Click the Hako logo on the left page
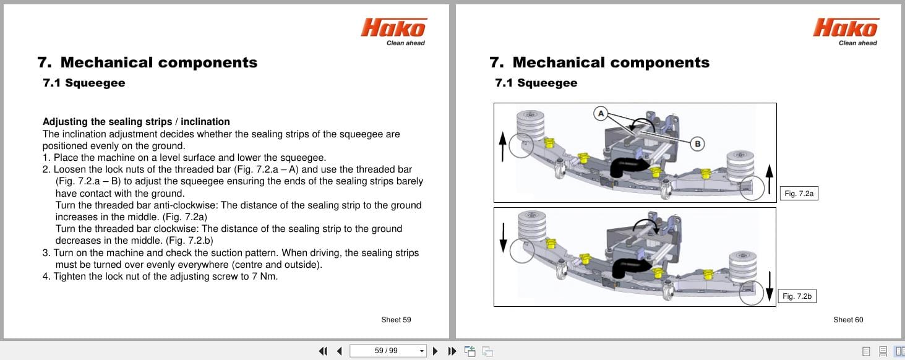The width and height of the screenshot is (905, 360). point(393,28)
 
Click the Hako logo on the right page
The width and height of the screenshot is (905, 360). point(846,28)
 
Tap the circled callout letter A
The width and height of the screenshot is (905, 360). point(599,113)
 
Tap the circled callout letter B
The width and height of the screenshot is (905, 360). point(697,144)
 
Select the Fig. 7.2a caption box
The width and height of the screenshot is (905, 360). point(799,194)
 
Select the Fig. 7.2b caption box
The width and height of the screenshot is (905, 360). point(797,296)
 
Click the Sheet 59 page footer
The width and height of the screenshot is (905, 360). point(396,320)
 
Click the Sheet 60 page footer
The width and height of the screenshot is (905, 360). point(848,320)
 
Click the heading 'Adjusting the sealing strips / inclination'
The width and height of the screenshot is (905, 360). point(136,122)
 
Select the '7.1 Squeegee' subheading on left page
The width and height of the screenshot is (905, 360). point(84,83)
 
